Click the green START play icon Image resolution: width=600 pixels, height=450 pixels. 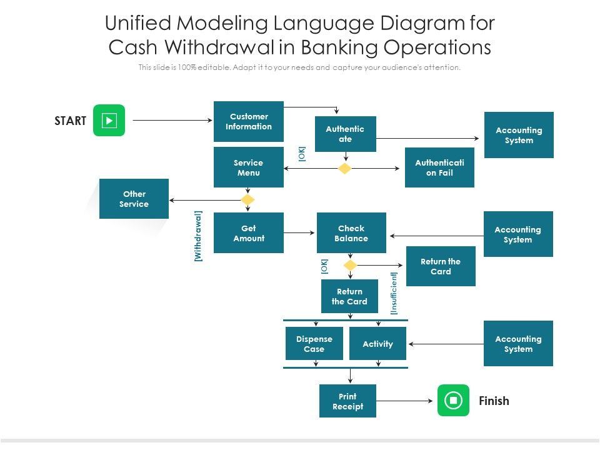coord(109,120)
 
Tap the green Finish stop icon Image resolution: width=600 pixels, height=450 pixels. coord(453,400)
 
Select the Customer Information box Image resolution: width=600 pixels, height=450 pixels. coord(249,121)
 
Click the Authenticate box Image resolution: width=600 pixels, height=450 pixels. coord(345,134)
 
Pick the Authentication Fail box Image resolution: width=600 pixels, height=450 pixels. coord(439,167)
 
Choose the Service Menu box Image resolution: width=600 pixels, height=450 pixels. coord(249,167)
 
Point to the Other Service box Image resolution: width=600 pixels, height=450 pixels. coord(134,199)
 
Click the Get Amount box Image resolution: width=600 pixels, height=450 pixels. coord(249,233)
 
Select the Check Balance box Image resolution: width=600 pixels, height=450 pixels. coord(351,233)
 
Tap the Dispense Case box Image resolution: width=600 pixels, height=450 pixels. coord(314,344)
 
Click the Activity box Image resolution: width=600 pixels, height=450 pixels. coord(377,344)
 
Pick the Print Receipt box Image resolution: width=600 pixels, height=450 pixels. coord(347,401)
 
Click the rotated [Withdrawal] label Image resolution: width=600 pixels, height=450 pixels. coord(198,236)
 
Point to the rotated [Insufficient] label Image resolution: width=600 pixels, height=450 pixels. coord(394,292)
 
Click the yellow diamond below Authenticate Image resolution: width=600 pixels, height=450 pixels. coord(345,169)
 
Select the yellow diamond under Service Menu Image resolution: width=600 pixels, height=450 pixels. coord(248,200)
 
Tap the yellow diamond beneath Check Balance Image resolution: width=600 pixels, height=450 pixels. coord(351,266)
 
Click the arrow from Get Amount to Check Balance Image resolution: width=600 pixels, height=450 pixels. coord(299,233)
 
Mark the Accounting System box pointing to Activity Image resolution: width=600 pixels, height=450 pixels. coord(518,344)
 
